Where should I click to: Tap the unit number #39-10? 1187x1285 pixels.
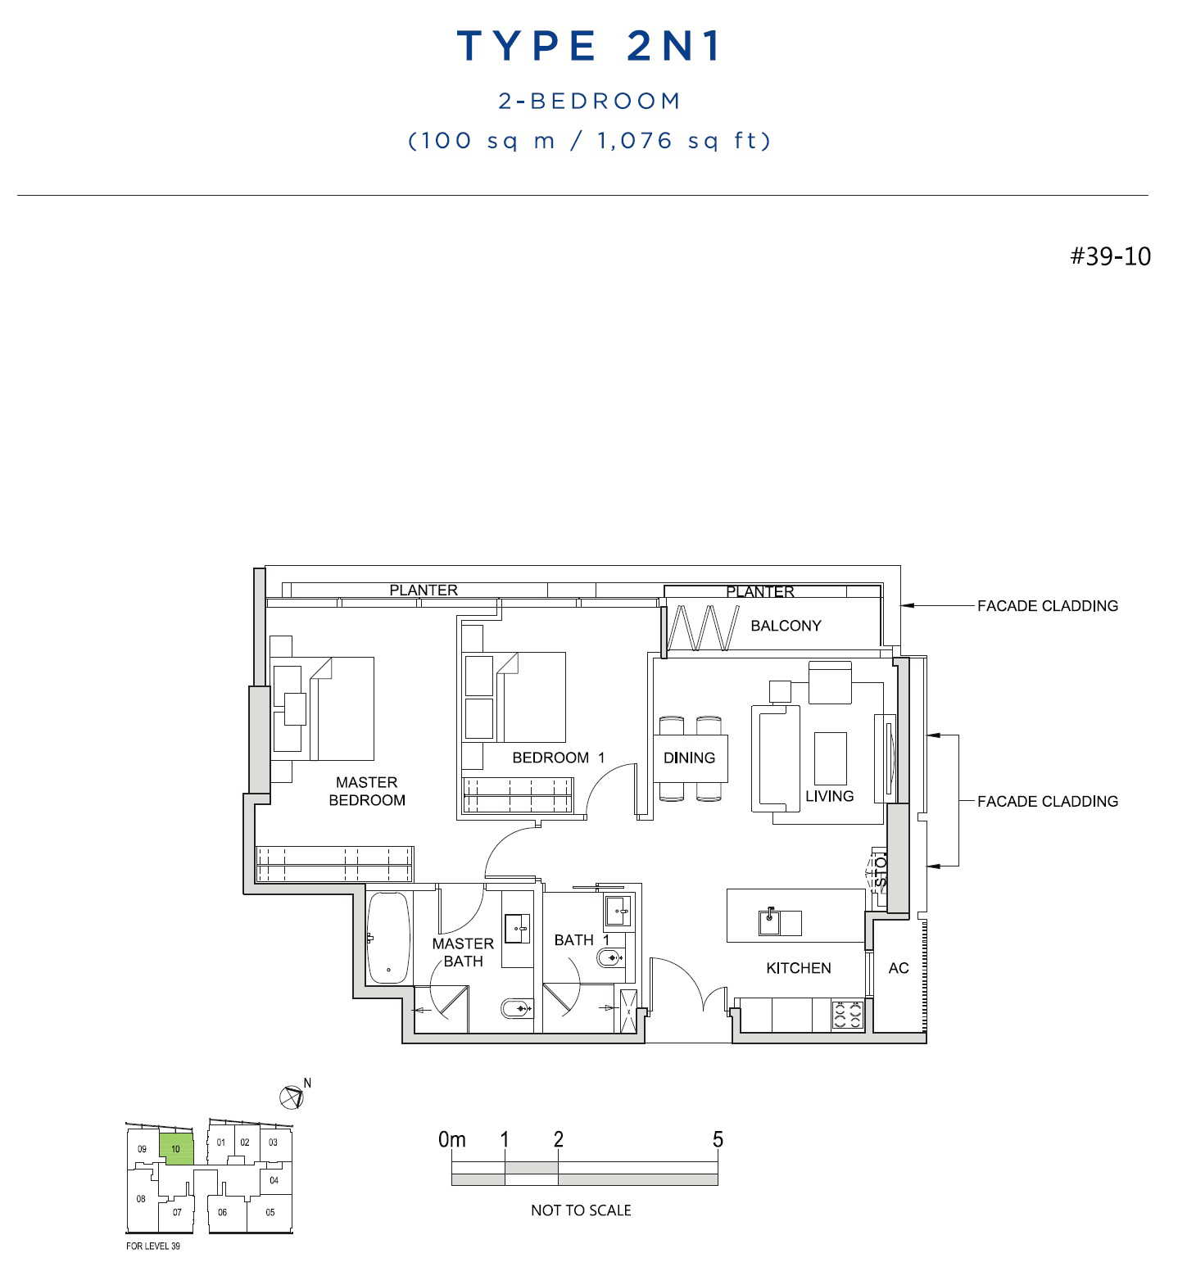1110,256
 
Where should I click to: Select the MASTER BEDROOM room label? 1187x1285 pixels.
367,791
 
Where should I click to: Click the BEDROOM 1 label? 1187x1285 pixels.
558,758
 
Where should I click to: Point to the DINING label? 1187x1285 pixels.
689,758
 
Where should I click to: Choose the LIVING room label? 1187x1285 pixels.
829,796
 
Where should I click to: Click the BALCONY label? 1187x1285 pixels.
786,626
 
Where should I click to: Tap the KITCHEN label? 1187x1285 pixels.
799,968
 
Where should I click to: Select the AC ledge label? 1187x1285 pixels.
899,968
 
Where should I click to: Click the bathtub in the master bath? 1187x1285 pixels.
388,938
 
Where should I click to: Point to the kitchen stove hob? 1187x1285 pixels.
848,1015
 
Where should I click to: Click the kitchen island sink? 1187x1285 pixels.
769,922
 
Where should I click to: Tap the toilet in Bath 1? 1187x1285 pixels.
610,957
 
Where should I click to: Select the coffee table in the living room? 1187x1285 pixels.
830,758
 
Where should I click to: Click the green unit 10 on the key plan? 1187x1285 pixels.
176,1149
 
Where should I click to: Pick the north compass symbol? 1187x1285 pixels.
292,1097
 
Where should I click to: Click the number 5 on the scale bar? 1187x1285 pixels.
718,1139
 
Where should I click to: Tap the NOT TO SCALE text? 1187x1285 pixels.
581,1210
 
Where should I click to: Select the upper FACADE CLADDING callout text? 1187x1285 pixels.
1048,606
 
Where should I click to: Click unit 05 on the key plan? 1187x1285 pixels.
270,1212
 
